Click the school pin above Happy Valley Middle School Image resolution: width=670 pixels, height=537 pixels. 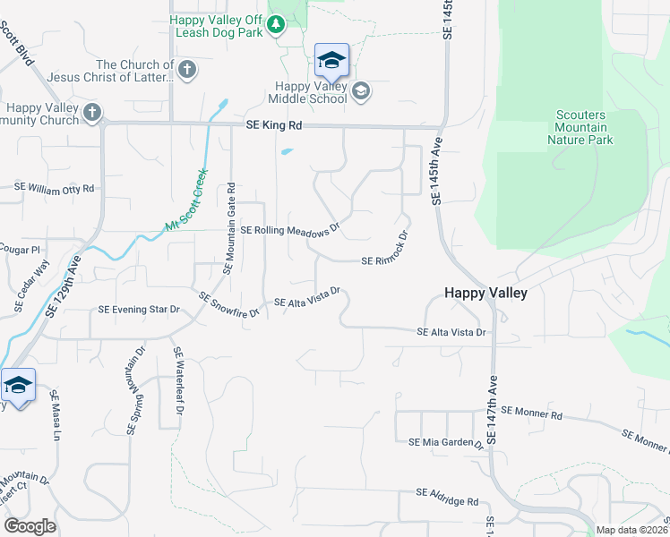[331, 60]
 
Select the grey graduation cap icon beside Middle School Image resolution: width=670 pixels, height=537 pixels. [360, 90]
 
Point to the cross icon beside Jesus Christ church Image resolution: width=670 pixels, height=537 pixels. [187, 70]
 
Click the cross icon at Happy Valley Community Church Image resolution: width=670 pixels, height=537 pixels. [90, 113]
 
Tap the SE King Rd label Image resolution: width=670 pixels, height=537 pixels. [271, 127]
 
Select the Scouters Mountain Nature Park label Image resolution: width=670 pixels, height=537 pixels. [580, 128]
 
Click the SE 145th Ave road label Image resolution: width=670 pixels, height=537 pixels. [438, 166]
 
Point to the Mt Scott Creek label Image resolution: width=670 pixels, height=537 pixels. [187, 201]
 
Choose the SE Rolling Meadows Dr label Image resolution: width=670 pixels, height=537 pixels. [290, 230]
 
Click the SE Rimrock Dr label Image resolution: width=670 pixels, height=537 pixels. [385, 251]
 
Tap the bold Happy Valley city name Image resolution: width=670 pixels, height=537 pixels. [486, 293]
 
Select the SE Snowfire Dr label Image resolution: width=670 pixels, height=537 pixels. [228, 305]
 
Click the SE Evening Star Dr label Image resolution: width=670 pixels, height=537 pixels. [139, 310]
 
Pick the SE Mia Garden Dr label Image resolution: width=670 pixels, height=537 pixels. [446, 442]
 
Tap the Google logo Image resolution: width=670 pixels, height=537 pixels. [30, 526]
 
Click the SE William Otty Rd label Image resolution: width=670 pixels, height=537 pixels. [54, 188]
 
